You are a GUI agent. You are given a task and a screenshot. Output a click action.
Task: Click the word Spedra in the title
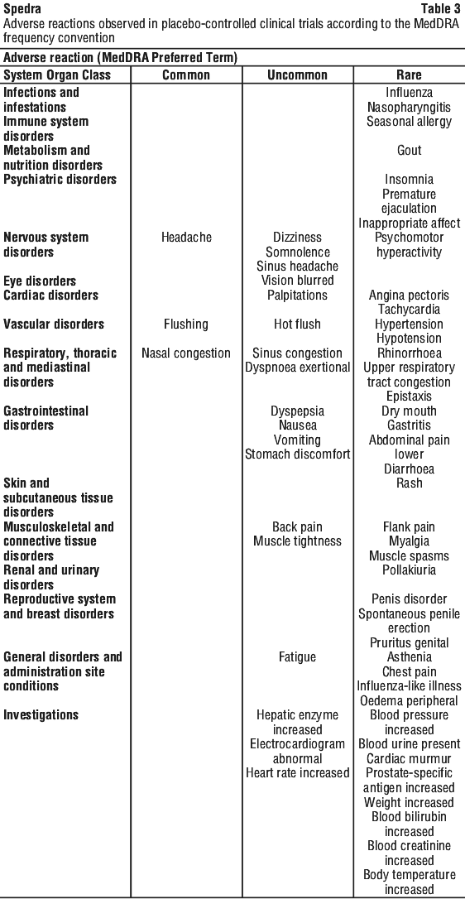click(x=22, y=10)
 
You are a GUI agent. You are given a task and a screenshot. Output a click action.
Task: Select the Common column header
click(x=186, y=75)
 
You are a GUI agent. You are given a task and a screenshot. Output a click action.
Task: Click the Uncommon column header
click(x=298, y=75)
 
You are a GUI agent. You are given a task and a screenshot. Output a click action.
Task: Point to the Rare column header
click(x=409, y=75)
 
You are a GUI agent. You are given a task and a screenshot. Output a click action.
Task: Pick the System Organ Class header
click(x=57, y=75)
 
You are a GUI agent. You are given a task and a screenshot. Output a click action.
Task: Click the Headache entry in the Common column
click(x=186, y=238)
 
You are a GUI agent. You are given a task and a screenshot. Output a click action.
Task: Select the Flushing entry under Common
click(x=186, y=325)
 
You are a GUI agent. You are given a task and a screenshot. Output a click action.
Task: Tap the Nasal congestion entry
click(x=186, y=353)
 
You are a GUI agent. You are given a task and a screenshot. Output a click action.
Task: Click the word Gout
click(x=409, y=150)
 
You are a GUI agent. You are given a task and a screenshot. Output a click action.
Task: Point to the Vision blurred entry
click(x=298, y=281)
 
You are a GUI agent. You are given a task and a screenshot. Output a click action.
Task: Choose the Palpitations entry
click(x=298, y=296)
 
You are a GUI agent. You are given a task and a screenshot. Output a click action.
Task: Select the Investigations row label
click(x=41, y=715)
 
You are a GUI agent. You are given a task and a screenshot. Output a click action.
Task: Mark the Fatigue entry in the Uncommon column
click(x=298, y=657)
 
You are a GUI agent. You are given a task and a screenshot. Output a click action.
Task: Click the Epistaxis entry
click(x=409, y=397)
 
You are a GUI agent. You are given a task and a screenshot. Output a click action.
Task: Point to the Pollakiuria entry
click(x=409, y=570)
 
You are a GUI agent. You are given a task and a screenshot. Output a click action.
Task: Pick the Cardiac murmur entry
click(x=409, y=758)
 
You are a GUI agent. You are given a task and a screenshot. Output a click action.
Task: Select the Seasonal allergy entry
click(x=409, y=122)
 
